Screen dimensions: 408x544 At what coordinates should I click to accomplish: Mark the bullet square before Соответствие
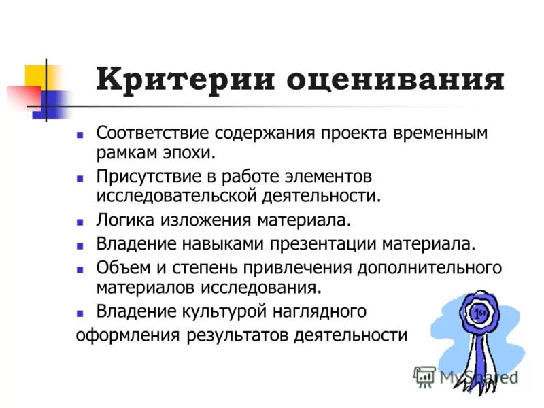tap(80, 133)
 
